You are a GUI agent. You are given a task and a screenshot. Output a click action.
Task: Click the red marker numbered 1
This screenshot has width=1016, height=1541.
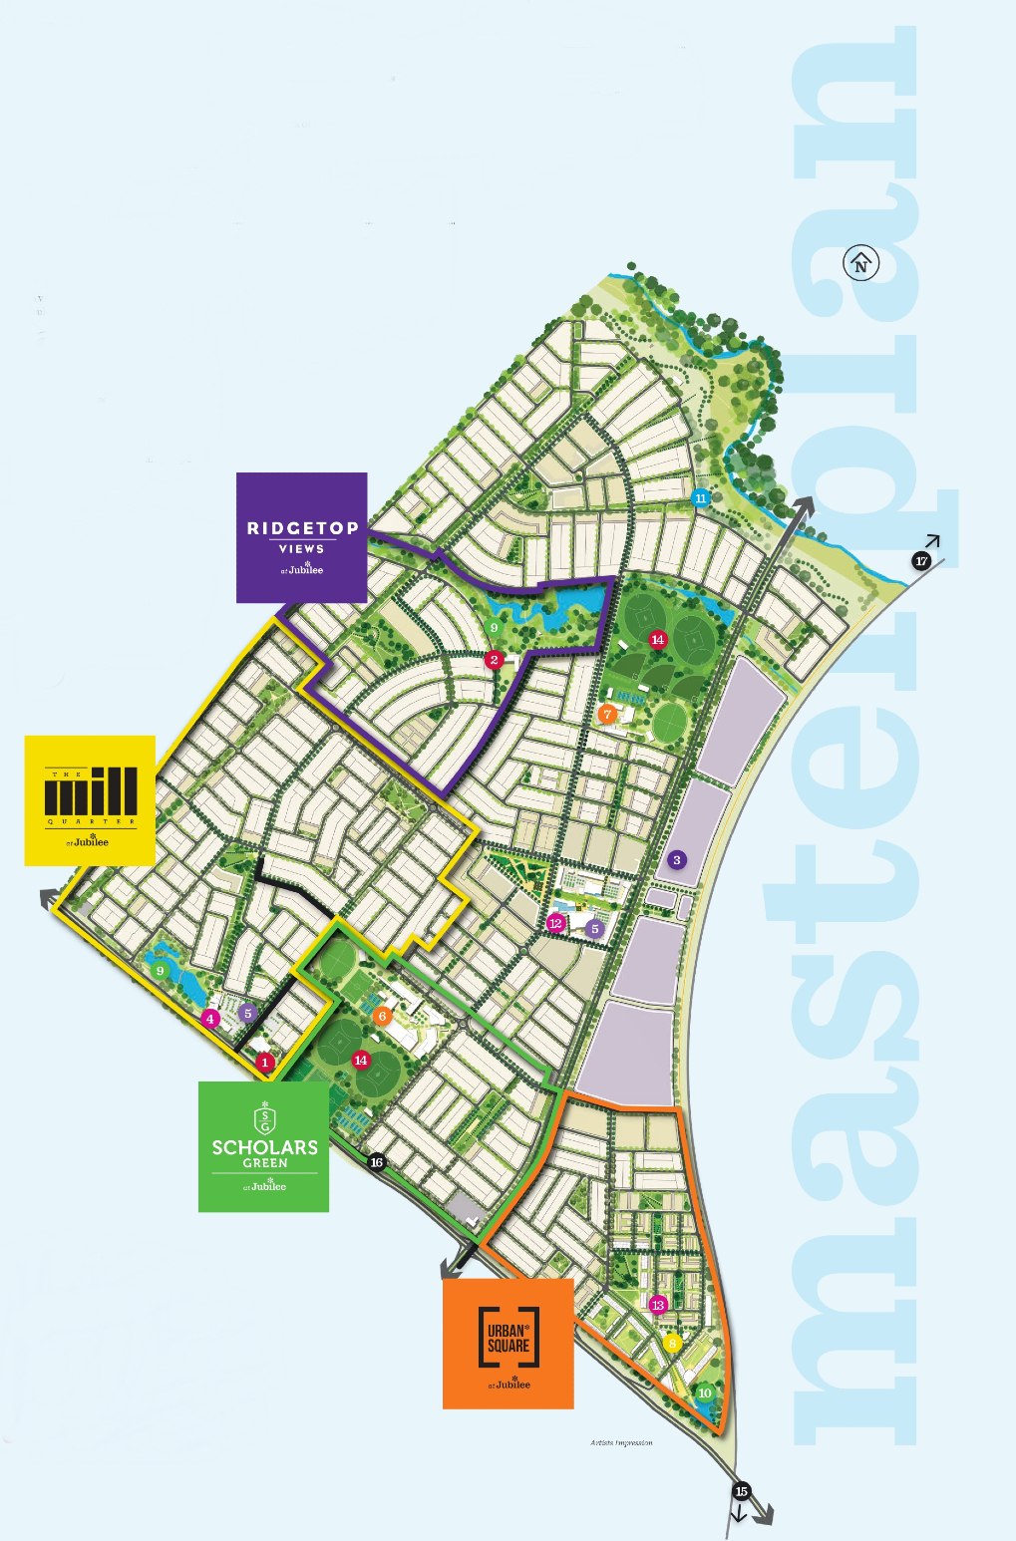pyautogui.click(x=265, y=1063)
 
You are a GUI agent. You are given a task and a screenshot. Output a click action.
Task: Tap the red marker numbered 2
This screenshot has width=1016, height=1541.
pyautogui.click(x=494, y=660)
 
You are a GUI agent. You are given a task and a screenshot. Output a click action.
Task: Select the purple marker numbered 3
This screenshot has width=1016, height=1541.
pyautogui.click(x=678, y=860)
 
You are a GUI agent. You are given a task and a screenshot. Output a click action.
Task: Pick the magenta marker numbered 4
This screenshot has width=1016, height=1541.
pyautogui.click(x=209, y=1019)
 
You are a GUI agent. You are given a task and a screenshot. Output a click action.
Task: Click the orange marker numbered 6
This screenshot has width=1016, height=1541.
pyautogui.click(x=382, y=1016)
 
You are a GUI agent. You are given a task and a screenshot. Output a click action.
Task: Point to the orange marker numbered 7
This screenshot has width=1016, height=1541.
pyautogui.click(x=607, y=715)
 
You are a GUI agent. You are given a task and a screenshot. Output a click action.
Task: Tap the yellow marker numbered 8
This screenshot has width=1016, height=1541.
pyautogui.click(x=673, y=1343)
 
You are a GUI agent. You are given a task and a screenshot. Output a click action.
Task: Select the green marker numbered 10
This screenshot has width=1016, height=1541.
pyautogui.click(x=705, y=1393)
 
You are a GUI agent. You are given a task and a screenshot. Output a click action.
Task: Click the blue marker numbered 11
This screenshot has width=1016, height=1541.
pyautogui.click(x=701, y=497)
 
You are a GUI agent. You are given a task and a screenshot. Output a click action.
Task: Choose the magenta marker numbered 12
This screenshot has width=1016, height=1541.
pyautogui.click(x=556, y=923)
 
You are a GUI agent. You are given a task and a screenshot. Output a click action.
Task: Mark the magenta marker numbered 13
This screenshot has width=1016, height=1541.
pyautogui.click(x=657, y=1305)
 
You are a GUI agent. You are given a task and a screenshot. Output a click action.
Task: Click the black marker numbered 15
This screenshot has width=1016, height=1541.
pyautogui.click(x=741, y=1492)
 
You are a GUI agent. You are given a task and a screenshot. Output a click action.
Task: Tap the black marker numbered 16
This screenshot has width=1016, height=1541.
pyautogui.click(x=376, y=1162)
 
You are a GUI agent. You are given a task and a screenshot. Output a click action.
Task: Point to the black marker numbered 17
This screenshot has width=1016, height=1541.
pyautogui.click(x=921, y=561)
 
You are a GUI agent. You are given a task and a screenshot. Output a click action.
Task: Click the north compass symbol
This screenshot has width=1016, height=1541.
pyautogui.click(x=862, y=264)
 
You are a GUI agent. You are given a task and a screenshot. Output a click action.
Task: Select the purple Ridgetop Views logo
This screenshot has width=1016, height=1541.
pyautogui.click(x=301, y=537)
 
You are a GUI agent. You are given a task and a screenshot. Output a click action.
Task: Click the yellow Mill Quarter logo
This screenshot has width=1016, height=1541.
pyautogui.click(x=90, y=799)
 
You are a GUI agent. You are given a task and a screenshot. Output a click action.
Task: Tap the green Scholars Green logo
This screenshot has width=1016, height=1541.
pyautogui.click(x=263, y=1146)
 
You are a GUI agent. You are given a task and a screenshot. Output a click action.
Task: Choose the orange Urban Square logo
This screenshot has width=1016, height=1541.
pyautogui.click(x=508, y=1343)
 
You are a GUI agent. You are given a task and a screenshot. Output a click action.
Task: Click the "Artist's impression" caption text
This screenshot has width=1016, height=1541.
pyautogui.click(x=620, y=1442)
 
